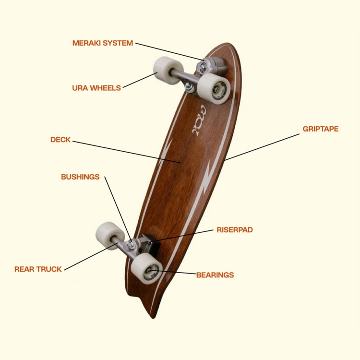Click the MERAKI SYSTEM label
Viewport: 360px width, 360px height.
[x=102, y=43]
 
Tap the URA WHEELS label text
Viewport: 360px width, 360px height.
[x=96, y=88]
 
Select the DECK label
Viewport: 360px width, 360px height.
[x=60, y=140]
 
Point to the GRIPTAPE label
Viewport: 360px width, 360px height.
[x=320, y=129]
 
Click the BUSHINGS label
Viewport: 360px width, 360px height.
[x=80, y=177]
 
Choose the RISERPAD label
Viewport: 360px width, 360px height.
[x=234, y=230]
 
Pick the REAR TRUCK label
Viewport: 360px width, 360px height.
[x=38, y=269]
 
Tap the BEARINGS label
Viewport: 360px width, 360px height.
[x=215, y=275]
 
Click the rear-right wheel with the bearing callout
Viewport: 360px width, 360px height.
[x=146, y=270]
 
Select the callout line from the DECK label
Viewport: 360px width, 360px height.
[x=127, y=152]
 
